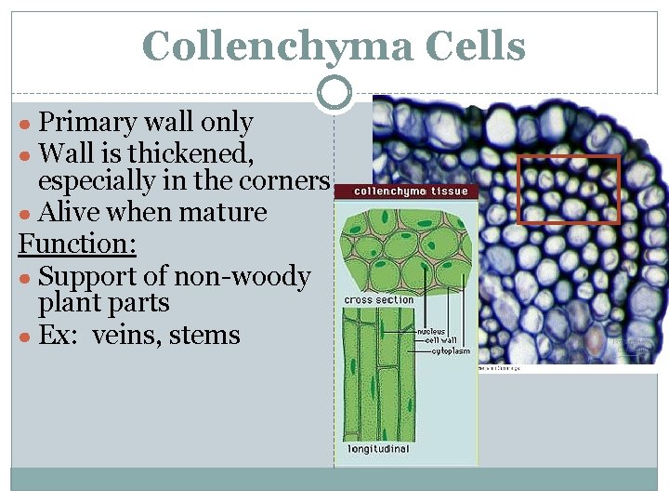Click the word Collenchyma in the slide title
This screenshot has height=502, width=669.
point(275,46)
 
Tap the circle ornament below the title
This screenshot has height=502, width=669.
point(334,92)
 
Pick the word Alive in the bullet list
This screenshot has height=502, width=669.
point(70,212)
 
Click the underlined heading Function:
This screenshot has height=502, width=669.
point(77,244)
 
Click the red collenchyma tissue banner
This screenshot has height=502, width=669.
point(405,192)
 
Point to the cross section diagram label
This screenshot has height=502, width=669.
point(379,300)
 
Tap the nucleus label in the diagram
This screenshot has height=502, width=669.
point(430,331)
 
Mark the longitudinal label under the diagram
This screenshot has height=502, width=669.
point(379,449)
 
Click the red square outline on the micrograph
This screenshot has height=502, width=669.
point(568,190)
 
